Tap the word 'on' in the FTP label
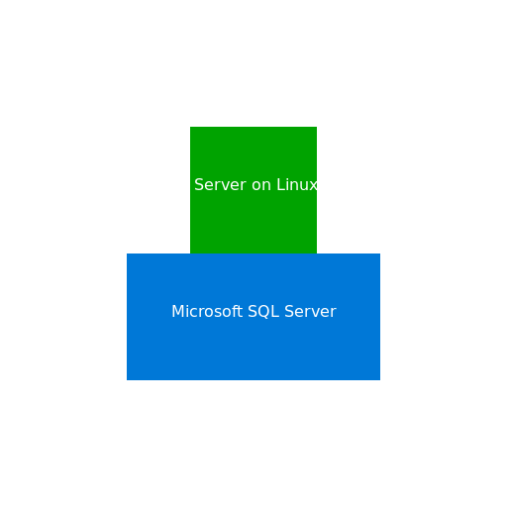click(x=260, y=185)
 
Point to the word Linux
click(x=297, y=185)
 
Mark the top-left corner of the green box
click(x=190, y=127)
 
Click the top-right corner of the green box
click(x=316, y=127)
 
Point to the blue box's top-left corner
click(x=127, y=253)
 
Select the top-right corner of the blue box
click(x=379, y=253)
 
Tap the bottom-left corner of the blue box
click(x=127, y=379)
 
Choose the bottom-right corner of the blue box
click(x=379, y=379)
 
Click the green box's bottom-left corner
click(x=190, y=253)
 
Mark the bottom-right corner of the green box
click(x=316, y=253)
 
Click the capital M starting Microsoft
click(x=177, y=312)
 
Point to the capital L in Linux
click(x=281, y=185)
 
